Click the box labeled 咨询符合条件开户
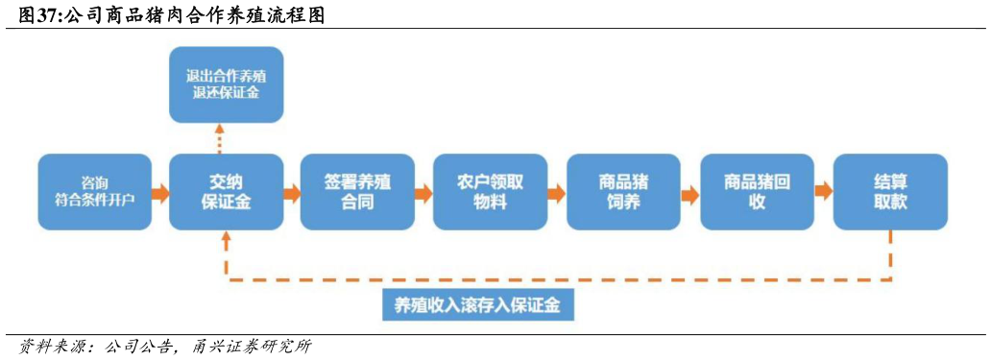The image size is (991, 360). pyautogui.click(x=95, y=192)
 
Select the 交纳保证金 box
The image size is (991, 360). pyautogui.click(x=227, y=192)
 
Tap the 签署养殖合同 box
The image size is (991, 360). pyautogui.click(x=357, y=192)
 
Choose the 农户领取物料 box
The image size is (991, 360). pyautogui.click(x=490, y=192)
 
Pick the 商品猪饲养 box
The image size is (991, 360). pyautogui.click(x=622, y=192)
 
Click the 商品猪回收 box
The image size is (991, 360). pyautogui.click(x=757, y=192)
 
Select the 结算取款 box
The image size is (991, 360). pyautogui.click(x=890, y=192)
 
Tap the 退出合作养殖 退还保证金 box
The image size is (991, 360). pyautogui.click(x=227, y=84)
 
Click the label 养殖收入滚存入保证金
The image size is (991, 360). pyautogui.click(x=477, y=305)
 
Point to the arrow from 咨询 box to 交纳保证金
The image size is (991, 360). pyautogui.click(x=160, y=193)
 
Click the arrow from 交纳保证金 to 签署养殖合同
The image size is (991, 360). pyautogui.click(x=292, y=193)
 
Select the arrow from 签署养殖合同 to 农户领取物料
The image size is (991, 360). pyautogui.click(x=423, y=193)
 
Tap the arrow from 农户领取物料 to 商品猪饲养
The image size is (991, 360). pyautogui.click(x=556, y=193)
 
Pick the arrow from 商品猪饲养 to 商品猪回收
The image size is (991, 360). pyautogui.click(x=689, y=193)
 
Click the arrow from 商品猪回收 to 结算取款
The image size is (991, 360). pyautogui.click(x=823, y=191)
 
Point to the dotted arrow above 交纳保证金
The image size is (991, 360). pyautogui.click(x=220, y=138)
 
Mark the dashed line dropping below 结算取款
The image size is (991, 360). pyautogui.click(x=890, y=254)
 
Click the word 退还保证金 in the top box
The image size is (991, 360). pyautogui.click(x=227, y=93)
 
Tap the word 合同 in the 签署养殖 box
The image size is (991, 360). pyautogui.click(x=357, y=203)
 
